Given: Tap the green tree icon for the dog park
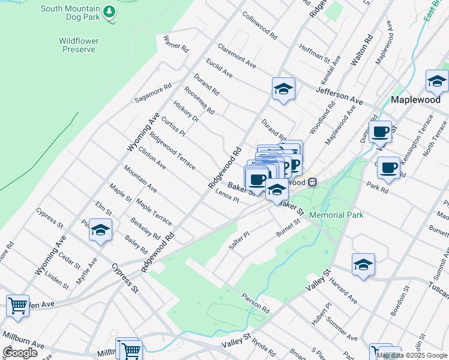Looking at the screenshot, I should [109, 11].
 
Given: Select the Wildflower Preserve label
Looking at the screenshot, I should [79, 45].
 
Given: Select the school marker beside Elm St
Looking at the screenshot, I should [101, 230].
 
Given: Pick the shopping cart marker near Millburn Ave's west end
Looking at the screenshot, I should [18, 305].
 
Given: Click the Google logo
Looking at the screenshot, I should [20, 353].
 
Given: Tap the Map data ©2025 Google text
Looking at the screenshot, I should [412, 355].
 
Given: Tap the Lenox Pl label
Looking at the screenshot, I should [228, 196].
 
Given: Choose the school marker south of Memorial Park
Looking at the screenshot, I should [363, 265].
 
